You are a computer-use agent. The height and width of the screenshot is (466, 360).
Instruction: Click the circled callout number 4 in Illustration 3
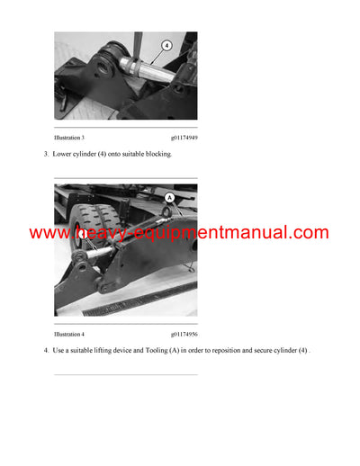[165, 44]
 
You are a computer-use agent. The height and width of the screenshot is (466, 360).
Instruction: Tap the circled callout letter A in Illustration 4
[169, 195]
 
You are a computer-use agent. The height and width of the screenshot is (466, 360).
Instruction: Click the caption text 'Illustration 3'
[70, 139]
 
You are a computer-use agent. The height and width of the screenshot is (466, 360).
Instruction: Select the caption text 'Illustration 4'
[70, 335]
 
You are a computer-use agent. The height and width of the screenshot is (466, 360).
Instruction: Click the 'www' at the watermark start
[48, 233]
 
